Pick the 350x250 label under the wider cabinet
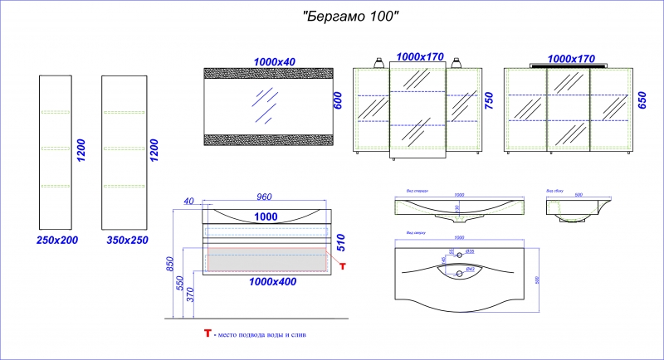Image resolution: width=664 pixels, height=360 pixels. pos(124,240)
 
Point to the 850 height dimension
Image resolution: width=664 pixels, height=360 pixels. pos(169,265)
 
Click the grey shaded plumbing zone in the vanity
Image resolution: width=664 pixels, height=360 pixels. pos(266,259)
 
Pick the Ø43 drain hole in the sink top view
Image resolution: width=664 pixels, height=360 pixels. pos(457,270)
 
